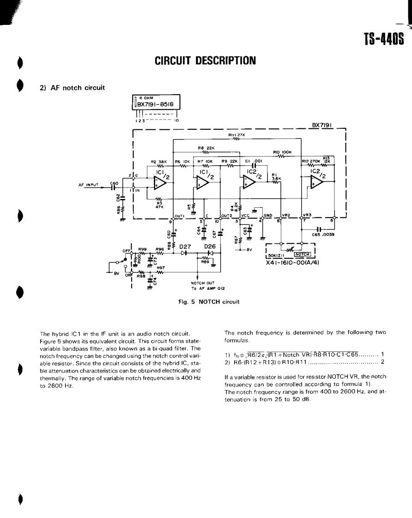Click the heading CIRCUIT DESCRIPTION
tap(205, 60)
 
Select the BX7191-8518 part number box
tap(157, 104)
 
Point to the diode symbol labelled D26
tap(211, 253)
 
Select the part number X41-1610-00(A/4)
tap(294, 262)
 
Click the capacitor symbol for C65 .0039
tap(319, 229)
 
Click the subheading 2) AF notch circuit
tap(72, 88)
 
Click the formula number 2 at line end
tap(382, 361)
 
